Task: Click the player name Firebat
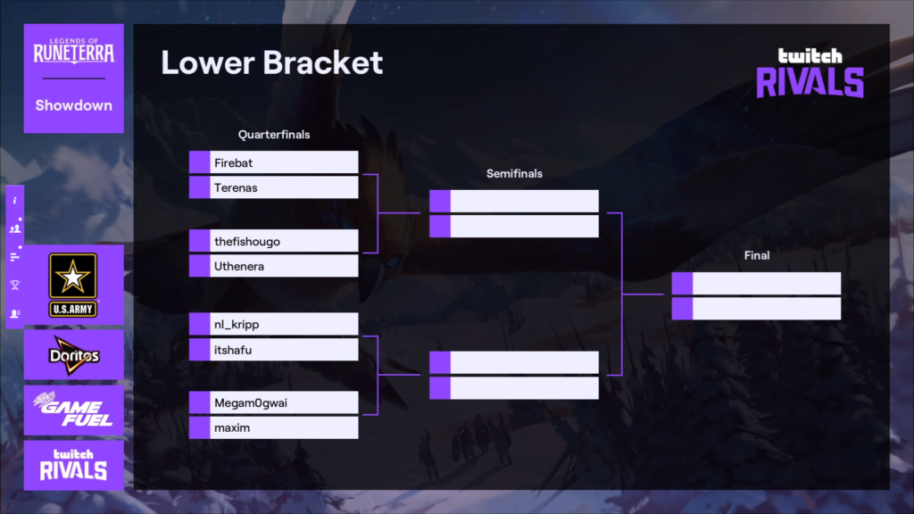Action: [x=233, y=163]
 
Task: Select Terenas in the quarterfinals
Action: [x=236, y=187]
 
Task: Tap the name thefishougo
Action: [x=247, y=242]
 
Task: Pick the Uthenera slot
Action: [x=239, y=266]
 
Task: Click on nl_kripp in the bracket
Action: [x=236, y=325]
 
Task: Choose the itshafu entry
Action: [x=233, y=350]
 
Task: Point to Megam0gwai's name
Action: [x=251, y=402]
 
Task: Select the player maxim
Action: [x=232, y=427]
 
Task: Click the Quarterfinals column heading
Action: [x=274, y=135]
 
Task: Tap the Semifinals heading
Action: [x=514, y=174]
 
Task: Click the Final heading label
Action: [x=757, y=255]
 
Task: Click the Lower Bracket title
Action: [x=271, y=62]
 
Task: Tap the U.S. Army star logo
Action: [x=73, y=285]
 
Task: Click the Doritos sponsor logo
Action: [x=74, y=355]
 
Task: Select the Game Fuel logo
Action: [x=73, y=409]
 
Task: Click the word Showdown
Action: [x=73, y=105]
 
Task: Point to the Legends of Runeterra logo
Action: [x=73, y=51]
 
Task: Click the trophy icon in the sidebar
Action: [x=15, y=285]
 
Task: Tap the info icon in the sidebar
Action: [x=15, y=201]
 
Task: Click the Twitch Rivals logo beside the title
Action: [x=810, y=73]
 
